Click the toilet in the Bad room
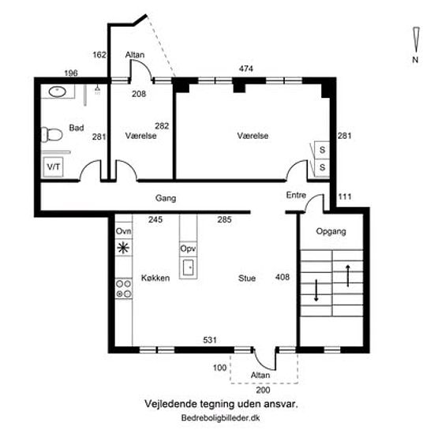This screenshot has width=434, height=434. [52, 134]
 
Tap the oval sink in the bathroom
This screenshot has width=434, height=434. [58, 92]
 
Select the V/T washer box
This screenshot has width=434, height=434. [53, 167]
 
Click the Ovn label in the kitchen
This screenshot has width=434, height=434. [123, 231]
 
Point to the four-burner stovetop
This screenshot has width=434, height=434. [123, 289]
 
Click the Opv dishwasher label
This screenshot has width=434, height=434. [188, 249]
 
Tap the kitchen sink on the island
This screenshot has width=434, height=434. [189, 268]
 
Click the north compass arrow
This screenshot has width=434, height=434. [416, 40]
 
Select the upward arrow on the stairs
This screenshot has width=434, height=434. [348, 275]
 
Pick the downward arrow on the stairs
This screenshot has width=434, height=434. [316, 290]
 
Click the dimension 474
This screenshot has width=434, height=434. [246, 69]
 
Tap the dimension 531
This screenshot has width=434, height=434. [210, 340]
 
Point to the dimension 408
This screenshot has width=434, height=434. [282, 277]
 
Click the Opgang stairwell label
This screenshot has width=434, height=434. [331, 231]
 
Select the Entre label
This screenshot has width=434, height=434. [296, 195]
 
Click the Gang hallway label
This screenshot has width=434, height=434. [166, 198]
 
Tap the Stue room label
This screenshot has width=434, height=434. [247, 279]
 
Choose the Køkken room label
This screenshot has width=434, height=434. [155, 278]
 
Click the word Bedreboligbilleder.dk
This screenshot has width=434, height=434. [221, 417]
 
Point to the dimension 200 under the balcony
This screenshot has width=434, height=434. [263, 390]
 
